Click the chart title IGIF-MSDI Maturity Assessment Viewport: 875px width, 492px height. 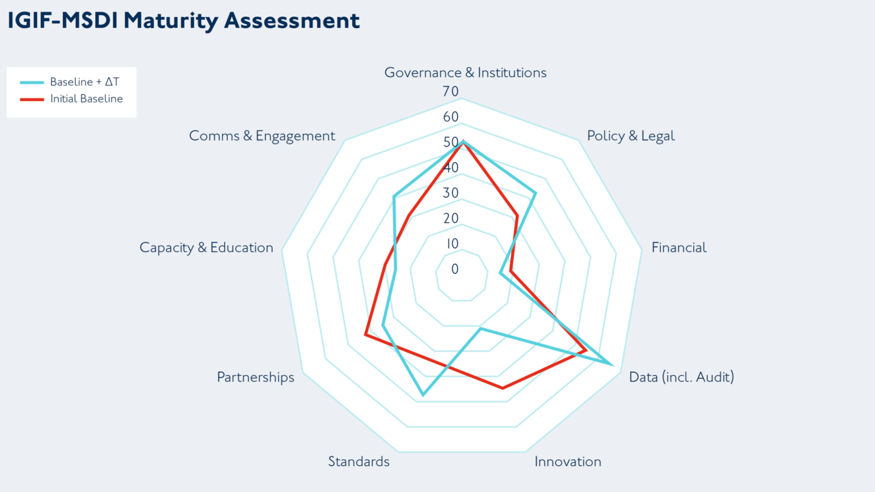point(183,20)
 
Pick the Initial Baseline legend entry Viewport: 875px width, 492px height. point(86,99)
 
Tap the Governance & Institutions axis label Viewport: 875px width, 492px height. point(465,72)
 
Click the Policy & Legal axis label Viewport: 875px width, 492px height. point(630,136)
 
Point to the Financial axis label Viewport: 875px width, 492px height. point(679,247)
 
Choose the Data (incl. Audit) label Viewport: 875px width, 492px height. point(681,377)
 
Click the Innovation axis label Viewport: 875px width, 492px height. point(567,461)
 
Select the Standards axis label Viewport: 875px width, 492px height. point(358,461)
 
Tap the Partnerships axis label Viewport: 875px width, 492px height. point(256,377)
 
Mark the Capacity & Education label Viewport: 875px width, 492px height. point(206,247)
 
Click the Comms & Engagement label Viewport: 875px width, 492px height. point(262,136)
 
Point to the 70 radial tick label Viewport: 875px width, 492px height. point(450,92)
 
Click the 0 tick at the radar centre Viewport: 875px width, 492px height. point(455,269)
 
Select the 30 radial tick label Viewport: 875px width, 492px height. point(450,193)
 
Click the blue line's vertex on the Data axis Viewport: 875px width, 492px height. point(610,363)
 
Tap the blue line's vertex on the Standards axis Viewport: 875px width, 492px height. point(422,395)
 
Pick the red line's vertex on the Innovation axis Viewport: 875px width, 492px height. point(503,388)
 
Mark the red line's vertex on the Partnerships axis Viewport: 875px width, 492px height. point(366,335)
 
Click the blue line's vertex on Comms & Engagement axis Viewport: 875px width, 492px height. point(394,197)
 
